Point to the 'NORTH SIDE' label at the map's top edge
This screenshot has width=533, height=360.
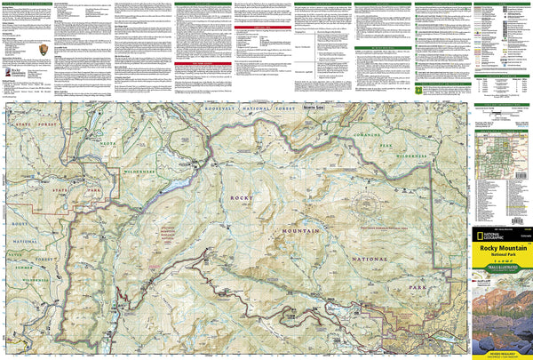tap(314, 108)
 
